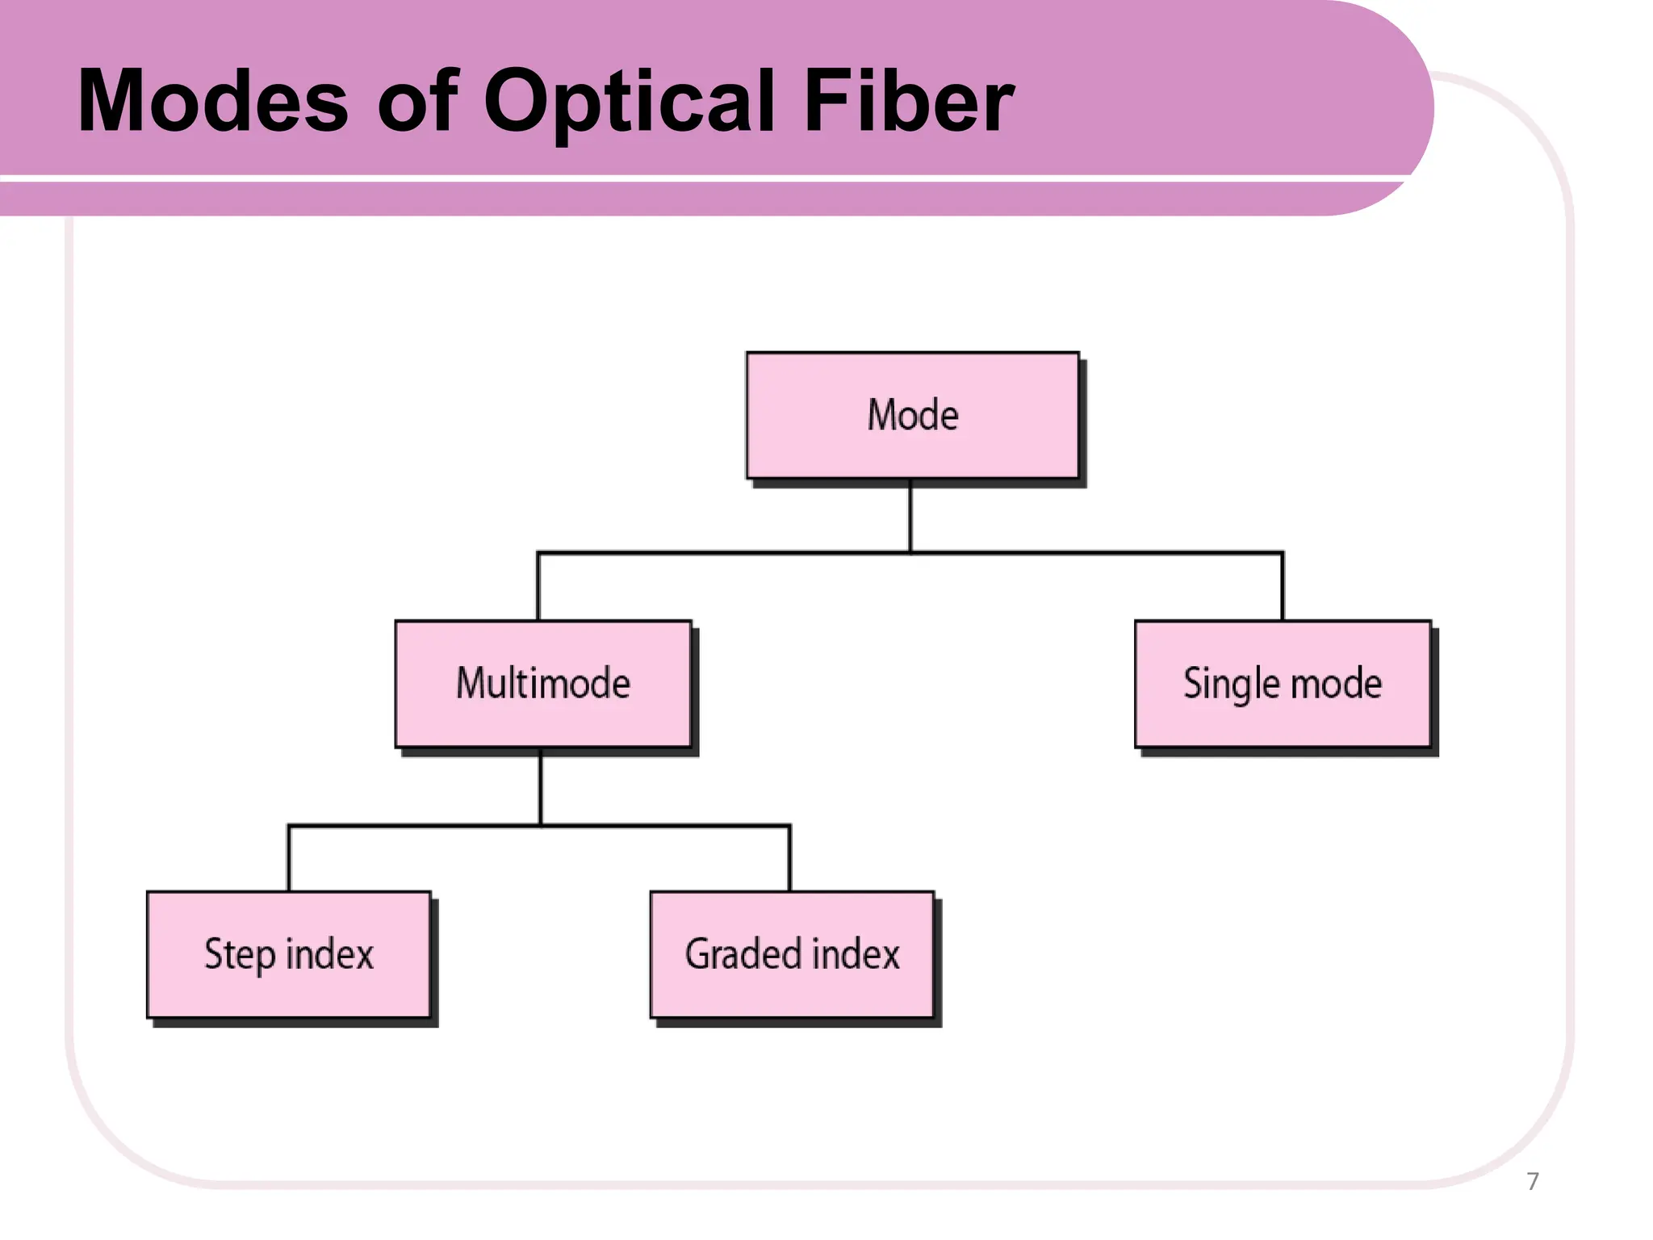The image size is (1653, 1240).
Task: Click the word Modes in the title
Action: pyautogui.click(x=212, y=101)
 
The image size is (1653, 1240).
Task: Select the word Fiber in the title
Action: pyautogui.click(x=909, y=101)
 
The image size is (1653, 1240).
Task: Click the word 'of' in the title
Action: pyautogui.click(x=417, y=101)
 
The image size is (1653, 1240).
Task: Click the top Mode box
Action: pyautogui.click(x=912, y=415)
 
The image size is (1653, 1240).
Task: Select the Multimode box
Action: pyautogui.click(x=542, y=684)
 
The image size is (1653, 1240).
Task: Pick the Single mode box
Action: pyautogui.click(x=1282, y=684)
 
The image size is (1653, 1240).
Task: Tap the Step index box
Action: pyautogui.click(x=288, y=954)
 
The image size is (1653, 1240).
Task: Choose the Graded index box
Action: pyautogui.click(x=792, y=954)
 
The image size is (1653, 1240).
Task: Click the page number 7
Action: pyautogui.click(x=1533, y=1181)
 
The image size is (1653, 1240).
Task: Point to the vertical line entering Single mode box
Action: pyautogui.click(x=1282, y=587)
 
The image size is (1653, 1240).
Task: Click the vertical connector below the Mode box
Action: pyautogui.click(x=910, y=516)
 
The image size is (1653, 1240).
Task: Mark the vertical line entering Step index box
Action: pyautogui.click(x=289, y=859)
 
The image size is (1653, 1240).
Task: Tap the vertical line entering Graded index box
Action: pyautogui.click(x=789, y=859)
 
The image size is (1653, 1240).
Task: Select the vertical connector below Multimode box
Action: pyautogui.click(x=540, y=787)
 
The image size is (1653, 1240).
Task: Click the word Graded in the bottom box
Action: pyautogui.click(x=743, y=954)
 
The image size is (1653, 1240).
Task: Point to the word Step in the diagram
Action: pyautogui.click(x=240, y=954)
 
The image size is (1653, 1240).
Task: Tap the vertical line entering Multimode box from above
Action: pyautogui.click(x=538, y=587)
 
